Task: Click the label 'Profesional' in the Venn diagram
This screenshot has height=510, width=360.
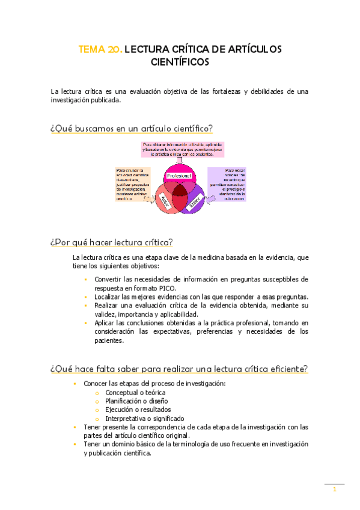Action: (178, 175)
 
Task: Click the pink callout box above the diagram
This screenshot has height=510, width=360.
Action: (178, 149)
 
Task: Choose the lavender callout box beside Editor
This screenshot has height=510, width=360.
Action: (227, 184)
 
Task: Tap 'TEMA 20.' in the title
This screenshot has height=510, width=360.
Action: (100, 49)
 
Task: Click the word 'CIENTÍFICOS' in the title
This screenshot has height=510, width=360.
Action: (180, 61)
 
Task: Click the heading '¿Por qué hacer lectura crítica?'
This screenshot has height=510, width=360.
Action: (112, 242)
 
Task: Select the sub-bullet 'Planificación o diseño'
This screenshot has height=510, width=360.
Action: (136, 401)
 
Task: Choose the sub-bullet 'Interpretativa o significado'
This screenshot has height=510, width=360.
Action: (145, 419)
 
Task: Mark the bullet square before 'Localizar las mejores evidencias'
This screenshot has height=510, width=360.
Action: (87, 297)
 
